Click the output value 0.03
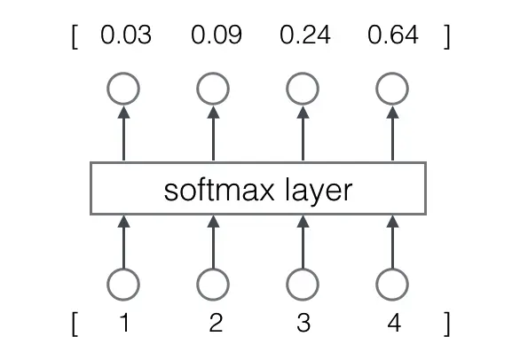pos(126,35)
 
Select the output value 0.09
pos(217,35)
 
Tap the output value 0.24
pos(305,35)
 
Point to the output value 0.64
pos(393,35)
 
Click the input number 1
pos(124,322)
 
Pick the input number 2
pos(216,322)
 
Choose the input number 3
pos(303,322)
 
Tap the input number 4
pos(394,322)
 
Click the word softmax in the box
pos(219,191)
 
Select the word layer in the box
pos(319,192)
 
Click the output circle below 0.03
pos(123,73)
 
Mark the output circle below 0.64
pos(392,73)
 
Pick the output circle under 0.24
pos(303,73)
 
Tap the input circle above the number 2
pos(213,269)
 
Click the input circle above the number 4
pos(392,269)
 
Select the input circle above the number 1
pos(123,269)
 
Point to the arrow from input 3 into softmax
pos(303,242)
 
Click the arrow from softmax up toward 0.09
pos(213,133)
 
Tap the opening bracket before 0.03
pos(75,36)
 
